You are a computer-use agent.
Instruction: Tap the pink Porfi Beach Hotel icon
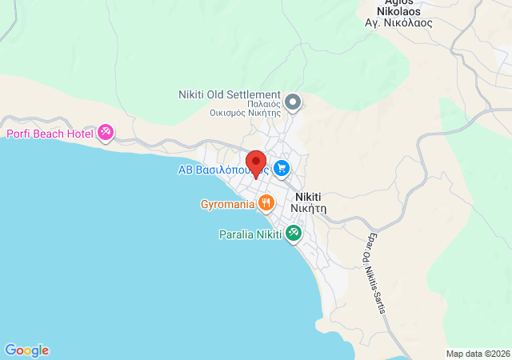pos(106,132)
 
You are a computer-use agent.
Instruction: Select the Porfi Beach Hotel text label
pos(50,134)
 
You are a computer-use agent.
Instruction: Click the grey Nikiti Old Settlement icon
pos(293,101)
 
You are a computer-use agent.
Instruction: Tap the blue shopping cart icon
pos(281,168)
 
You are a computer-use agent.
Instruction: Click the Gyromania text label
pos(227,204)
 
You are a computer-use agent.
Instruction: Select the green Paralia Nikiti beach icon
pos(294,234)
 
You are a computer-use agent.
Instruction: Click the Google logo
pos(26,350)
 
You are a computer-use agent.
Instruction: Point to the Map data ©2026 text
pos(477,354)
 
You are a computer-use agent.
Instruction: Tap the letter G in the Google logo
pos(10,350)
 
